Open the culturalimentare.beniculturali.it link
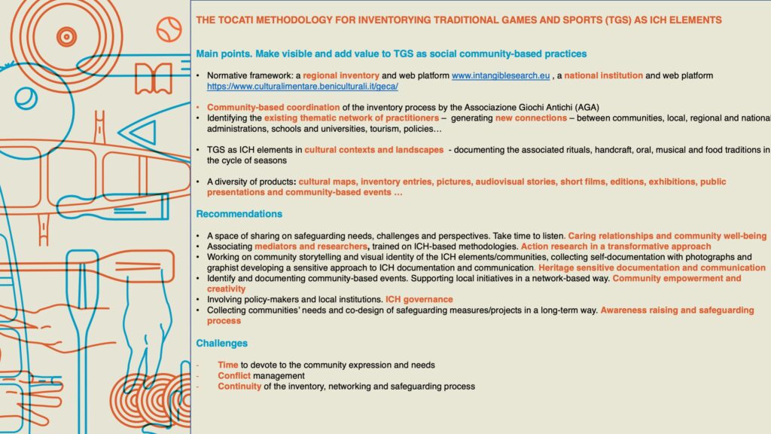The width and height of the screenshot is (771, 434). (x=297, y=87)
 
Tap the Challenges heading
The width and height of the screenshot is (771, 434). (x=221, y=344)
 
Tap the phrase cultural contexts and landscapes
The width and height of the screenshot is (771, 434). (x=374, y=150)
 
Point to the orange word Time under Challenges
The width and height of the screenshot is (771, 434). (x=228, y=365)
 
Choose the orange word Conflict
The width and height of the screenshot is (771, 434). (x=234, y=375)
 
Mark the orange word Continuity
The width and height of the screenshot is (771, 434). (x=239, y=387)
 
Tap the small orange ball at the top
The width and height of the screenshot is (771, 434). (x=168, y=30)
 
